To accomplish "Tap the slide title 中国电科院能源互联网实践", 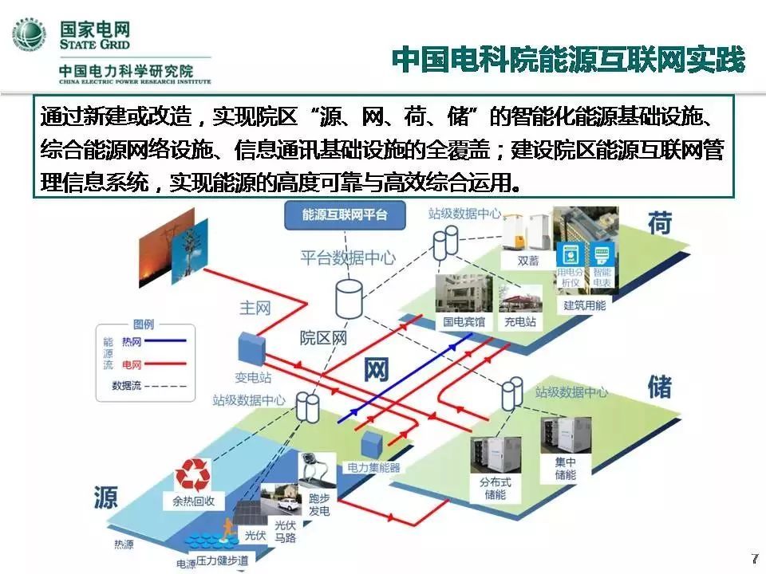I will (568, 60).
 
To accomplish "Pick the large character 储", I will (659, 387).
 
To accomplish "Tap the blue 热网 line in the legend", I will (164, 341).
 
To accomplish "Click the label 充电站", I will (519, 323).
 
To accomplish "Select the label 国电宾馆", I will (464, 323).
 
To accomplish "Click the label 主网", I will (255, 307).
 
